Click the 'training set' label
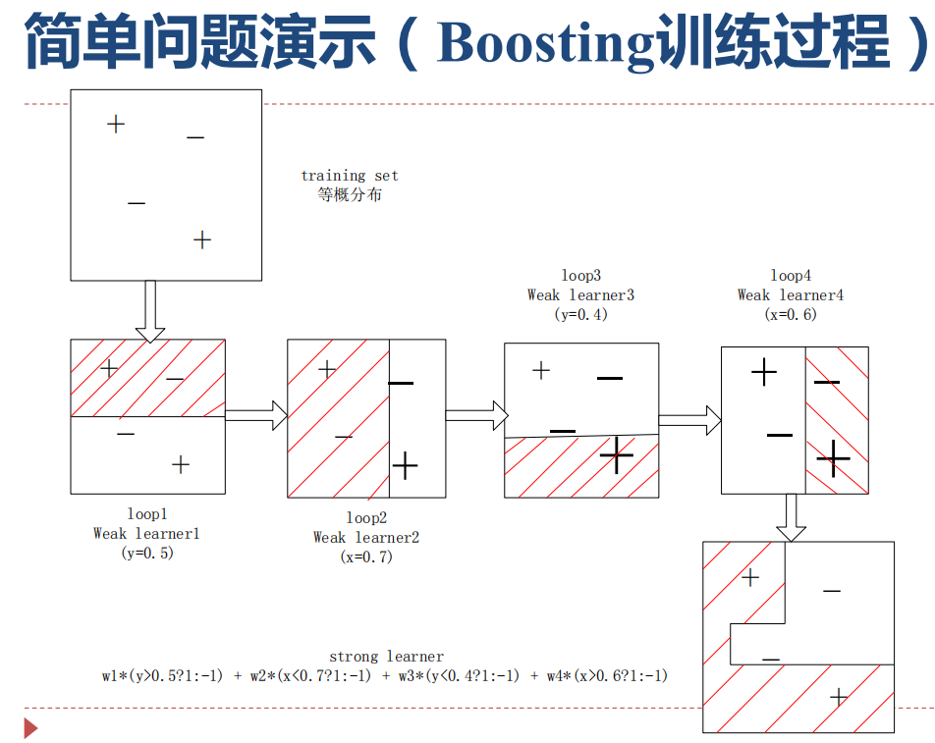coord(350,176)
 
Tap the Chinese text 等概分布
coord(350,194)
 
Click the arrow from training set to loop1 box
coord(150,310)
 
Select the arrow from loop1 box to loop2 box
coord(255,415)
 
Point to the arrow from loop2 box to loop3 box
coord(474,415)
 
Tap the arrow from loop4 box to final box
coord(791,517)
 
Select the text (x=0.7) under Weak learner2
coord(365,557)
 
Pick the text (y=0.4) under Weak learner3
coord(581,314)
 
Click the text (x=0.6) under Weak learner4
coord(791,314)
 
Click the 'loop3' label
coord(581,276)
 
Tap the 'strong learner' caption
coord(386,657)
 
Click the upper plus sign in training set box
coord(116,124)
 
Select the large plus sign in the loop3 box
coord(617,455)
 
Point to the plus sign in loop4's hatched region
coord(833,457)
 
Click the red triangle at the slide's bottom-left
coord(30,728)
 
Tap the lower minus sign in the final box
coord(771,660)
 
